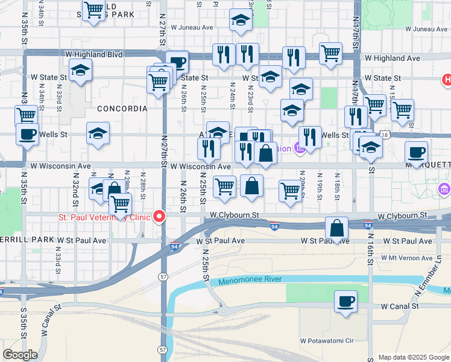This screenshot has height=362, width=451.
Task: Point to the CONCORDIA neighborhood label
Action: [x=121, y=109]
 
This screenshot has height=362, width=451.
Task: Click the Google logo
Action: [x=20, y=355]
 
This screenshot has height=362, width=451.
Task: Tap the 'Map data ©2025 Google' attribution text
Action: [x=413, y=357]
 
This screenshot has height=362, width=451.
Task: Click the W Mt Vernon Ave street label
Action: [x=408, y=257]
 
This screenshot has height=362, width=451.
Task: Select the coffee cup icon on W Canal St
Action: [x=345, y=301]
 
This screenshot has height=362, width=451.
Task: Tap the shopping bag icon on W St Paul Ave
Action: [x=337, y=228]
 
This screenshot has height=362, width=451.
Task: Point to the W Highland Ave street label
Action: [x=393, y=58]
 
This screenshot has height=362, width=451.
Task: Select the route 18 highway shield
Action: [x=385, y=136]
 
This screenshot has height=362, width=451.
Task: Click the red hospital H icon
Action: [x=447, y=79]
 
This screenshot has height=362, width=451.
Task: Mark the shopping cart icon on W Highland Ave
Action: [x=331, y=54]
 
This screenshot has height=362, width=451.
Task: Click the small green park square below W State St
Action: [x=329, y=98]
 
